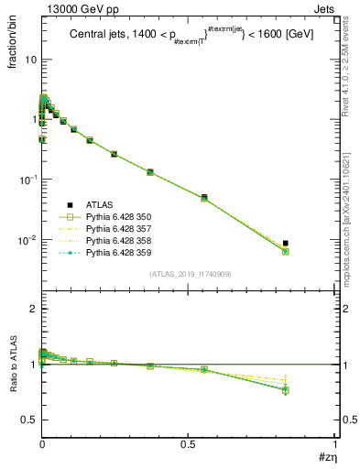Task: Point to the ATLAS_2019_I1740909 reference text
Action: pyautogui.click(x=189, y=274)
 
